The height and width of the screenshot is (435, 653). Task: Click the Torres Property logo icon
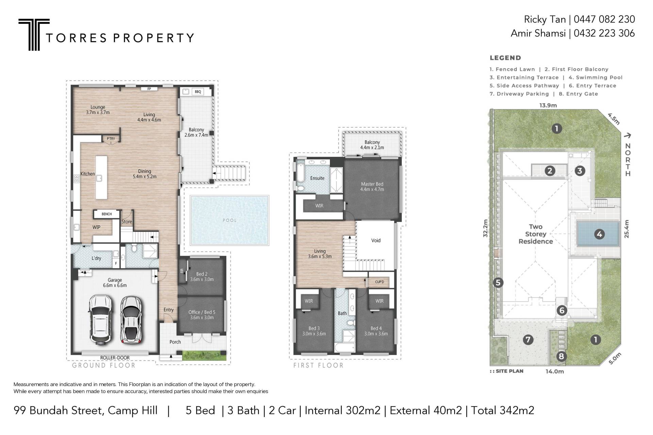[x=34, y=34]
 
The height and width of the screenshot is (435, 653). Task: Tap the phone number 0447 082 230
[x=604, y=19]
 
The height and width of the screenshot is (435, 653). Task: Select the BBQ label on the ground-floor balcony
[x=198, y=92]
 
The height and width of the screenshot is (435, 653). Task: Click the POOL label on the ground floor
[x=230, y=220]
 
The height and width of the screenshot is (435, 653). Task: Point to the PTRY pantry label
[x=111, y=139]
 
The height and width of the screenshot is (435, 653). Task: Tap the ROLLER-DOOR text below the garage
[x=115, y=358]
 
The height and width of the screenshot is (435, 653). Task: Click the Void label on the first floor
[x=376, y=240]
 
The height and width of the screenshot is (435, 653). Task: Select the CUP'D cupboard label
[x=380, y=282]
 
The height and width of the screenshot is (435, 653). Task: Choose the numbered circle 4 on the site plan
[x=599, y=234]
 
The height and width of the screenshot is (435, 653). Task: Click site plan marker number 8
[x=561, y=356]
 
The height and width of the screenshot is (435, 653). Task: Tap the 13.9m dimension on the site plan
[x=548, y=105]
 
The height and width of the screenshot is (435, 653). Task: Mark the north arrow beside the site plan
[x=627, y=136]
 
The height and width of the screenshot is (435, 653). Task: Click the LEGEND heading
[x=505, y=58]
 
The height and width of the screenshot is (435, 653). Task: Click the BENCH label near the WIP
[x=106, y=214]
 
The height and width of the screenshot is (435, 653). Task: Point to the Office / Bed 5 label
[x=202, y=315]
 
